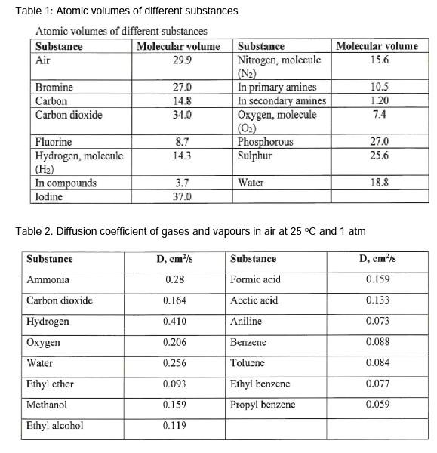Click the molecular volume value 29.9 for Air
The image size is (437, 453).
coord(183,59)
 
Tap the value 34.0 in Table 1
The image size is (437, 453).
coord(183,115)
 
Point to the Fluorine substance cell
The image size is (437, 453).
coord(54,142)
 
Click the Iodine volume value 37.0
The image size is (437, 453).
coord(183,196)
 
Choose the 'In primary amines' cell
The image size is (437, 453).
coord(277,88)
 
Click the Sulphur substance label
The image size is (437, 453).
coord(254,156)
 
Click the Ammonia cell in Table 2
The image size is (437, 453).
coord(48,279)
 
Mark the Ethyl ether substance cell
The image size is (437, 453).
coord(50,384)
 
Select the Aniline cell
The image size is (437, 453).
coord(246,321)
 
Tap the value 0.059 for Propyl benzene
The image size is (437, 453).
coord(378,404)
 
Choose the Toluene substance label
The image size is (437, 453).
coord(248,362)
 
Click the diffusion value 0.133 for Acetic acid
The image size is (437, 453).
coord(378,300)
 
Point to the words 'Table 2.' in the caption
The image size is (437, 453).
coord(34,231)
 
